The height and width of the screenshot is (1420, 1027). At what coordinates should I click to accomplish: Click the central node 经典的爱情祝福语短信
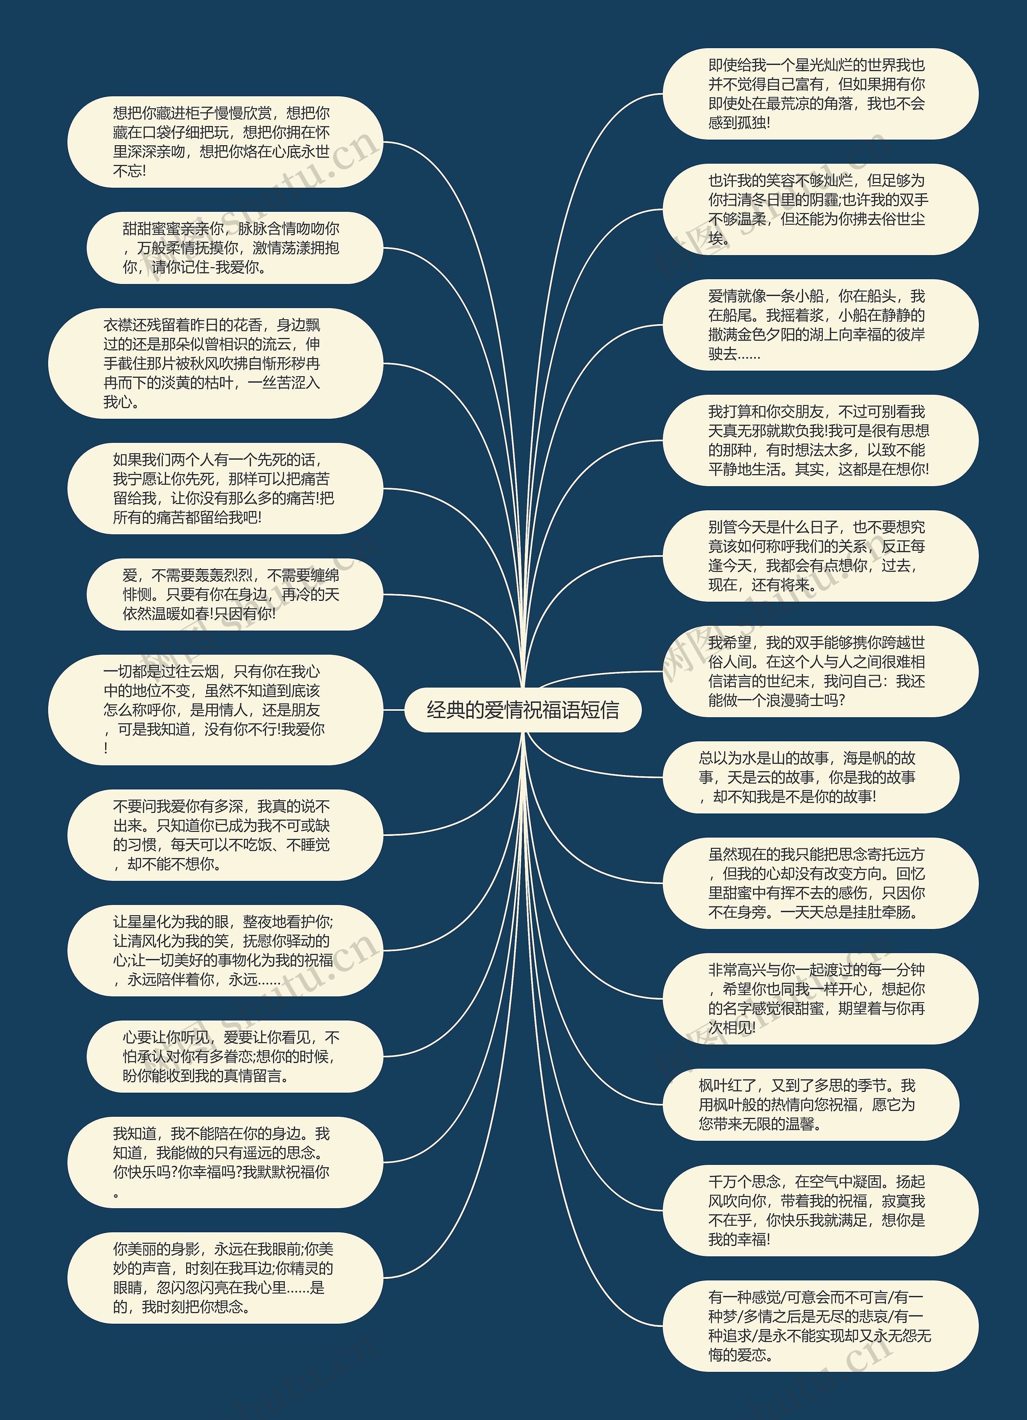523,710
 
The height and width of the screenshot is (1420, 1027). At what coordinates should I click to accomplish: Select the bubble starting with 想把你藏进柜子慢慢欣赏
224,142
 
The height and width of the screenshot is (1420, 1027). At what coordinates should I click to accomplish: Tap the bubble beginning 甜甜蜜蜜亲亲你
233,248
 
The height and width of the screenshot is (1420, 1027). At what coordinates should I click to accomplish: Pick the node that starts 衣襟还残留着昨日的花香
215,363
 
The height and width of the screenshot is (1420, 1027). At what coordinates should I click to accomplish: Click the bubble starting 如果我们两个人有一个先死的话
224,488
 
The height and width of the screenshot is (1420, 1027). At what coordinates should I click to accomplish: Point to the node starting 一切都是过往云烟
215,710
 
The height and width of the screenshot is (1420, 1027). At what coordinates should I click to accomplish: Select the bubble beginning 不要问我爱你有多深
224,835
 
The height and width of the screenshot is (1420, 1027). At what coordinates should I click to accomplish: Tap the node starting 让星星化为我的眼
224,950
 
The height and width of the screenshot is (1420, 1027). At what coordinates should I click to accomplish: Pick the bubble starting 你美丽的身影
224,1278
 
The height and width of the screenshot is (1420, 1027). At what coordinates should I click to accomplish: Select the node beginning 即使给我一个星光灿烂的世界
820,94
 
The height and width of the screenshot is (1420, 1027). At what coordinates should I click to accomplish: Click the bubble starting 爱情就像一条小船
820,325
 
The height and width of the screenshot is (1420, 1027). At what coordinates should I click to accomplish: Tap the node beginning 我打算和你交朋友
820,440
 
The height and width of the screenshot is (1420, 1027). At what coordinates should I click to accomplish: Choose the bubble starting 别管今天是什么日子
820,556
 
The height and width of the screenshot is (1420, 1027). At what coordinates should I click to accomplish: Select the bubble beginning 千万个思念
820,1210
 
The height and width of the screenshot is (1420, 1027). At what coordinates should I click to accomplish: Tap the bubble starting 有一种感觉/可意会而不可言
820,1326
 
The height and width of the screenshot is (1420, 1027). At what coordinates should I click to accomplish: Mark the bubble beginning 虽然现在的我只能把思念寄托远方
820,883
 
